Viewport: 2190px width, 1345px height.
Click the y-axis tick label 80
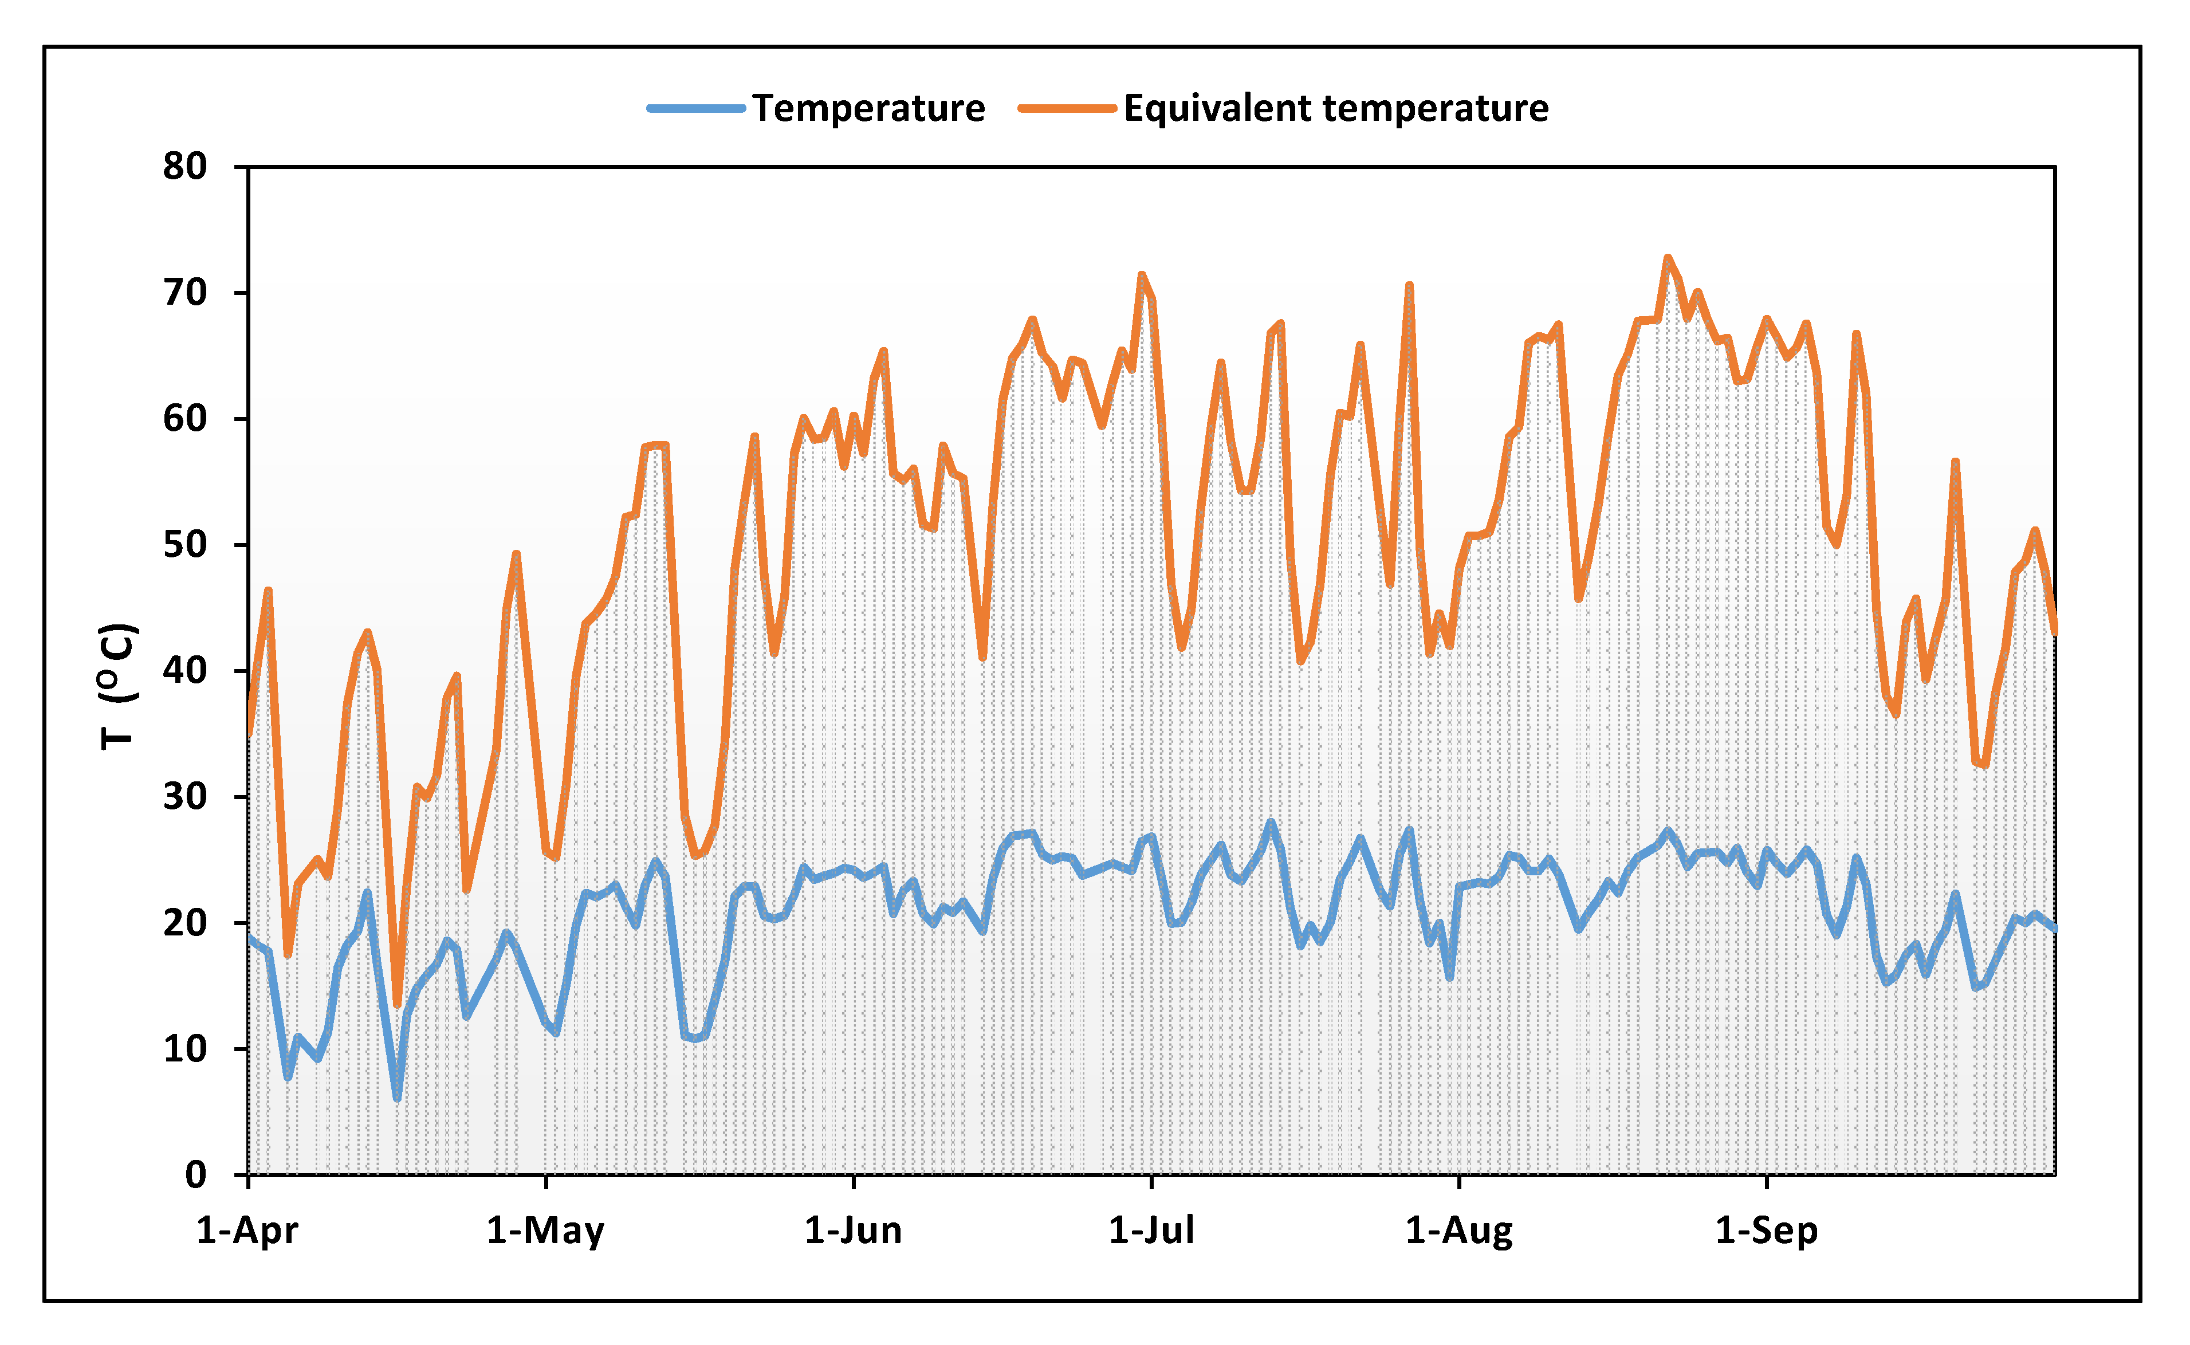185,166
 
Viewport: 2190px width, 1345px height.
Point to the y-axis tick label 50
185,544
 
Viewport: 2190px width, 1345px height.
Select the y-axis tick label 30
185,796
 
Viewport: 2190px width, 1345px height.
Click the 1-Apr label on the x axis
247,1231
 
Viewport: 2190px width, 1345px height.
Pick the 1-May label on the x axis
545,1231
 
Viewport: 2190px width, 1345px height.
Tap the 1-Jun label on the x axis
853,1231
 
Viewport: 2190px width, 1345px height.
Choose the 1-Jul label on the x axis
1151,1231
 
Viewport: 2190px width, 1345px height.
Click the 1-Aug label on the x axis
1459,1231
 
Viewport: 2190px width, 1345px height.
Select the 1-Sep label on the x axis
1767,1231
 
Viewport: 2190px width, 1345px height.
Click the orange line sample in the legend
1067,108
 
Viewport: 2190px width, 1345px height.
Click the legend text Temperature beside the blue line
869,108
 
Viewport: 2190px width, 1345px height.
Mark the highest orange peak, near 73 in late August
1668,258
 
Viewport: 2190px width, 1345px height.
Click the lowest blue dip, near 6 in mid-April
397,1098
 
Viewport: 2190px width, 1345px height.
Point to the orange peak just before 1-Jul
1141,275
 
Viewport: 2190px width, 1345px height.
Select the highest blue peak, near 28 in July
1270,822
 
